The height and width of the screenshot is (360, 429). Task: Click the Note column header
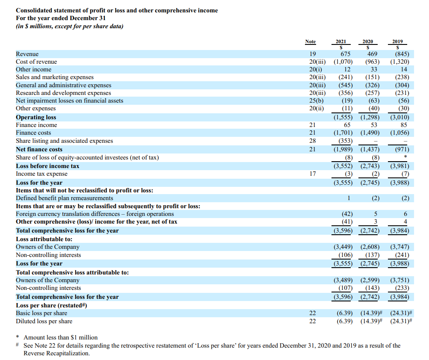[310, 41]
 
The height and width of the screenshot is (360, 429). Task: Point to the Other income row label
[33, 69]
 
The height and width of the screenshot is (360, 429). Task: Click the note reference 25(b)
[316, 100]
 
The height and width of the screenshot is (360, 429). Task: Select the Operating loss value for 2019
[399, 117]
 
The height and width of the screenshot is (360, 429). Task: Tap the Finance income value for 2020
[374, 125]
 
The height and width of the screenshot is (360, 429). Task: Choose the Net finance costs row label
[39, 149]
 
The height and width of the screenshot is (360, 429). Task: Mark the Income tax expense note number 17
[312, 174]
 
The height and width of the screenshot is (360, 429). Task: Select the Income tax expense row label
[41, 174]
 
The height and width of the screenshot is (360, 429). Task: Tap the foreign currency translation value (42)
[347, 214]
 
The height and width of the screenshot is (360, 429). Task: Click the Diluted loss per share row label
[44, 321]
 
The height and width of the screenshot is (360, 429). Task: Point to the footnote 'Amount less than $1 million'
[60, 337]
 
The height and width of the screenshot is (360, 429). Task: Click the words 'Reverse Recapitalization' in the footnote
[56, 353]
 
